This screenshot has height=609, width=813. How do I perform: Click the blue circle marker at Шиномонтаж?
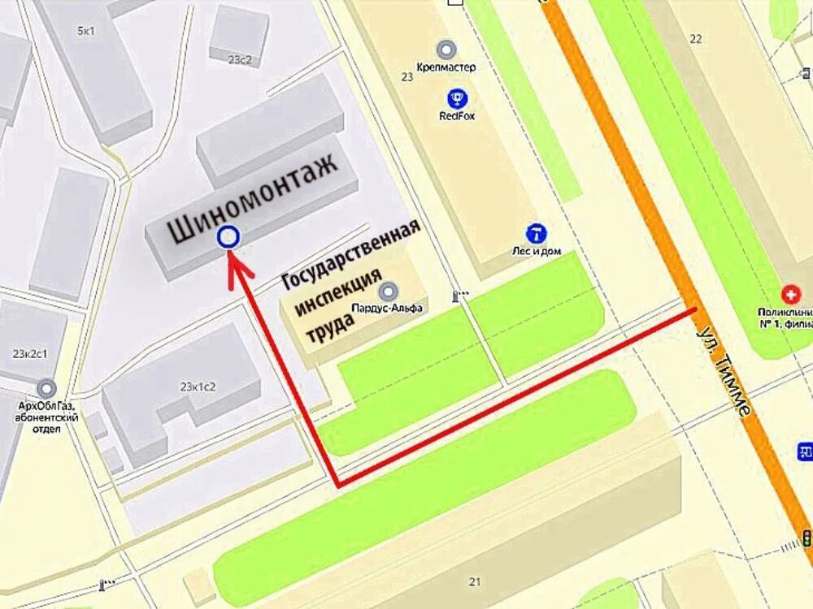228,236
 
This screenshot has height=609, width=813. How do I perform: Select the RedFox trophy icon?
457,99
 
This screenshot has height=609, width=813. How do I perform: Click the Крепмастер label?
446,67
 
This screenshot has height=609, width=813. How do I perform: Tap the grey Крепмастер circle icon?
446,50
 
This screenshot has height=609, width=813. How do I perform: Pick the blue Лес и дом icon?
536,234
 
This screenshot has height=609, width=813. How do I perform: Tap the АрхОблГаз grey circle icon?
46,389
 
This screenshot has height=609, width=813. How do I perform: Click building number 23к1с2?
198,386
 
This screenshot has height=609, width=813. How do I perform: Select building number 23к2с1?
30,354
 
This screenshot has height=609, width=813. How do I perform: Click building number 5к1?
86,31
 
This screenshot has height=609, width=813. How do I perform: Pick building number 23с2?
241,59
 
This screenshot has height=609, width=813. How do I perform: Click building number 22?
695,38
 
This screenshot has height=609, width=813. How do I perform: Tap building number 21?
475,581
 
